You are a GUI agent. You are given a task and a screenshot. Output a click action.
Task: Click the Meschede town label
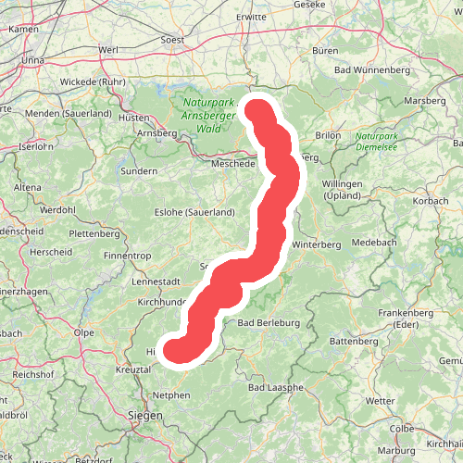pyautogui.click(x=232, y=164)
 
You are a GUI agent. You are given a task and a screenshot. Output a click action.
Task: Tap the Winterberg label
pyautogui.click(x=317, y=244)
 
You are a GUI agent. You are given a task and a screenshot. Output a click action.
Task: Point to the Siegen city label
pyautogui.click(x=144, y=416)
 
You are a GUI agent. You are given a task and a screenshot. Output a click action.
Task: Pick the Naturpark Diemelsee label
pyautogui.click(x=382, y=140)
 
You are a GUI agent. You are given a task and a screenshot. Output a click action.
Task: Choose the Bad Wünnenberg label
pyautogui.click(x=370, y=70)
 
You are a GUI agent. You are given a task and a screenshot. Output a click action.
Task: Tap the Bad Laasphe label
pyautogui.click(x=277, y=387)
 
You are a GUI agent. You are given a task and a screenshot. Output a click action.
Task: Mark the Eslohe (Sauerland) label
pyautogui.click(x=194, y=212)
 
